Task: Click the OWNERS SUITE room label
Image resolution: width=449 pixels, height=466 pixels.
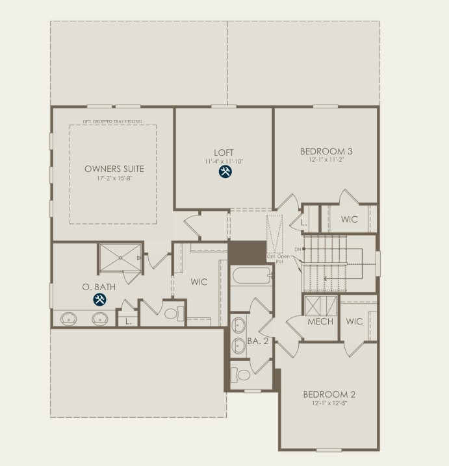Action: (114, 169)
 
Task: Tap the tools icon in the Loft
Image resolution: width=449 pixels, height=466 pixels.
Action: (225, 172)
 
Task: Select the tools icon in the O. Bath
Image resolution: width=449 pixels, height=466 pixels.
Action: (99, 299)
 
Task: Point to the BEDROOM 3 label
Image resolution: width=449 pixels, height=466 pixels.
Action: (326, 151)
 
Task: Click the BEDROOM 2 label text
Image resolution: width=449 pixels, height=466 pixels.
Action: (329, 394)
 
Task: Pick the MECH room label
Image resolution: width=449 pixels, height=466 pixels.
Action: (320, 322)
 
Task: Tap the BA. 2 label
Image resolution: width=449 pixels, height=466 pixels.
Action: (258, 341)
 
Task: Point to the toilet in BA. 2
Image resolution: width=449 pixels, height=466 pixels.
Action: (242, 374)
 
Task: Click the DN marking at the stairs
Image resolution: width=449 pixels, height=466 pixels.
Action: (298, 249)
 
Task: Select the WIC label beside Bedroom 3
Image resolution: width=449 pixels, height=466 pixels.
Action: (349, 219)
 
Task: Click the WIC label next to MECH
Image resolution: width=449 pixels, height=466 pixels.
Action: (354, 322)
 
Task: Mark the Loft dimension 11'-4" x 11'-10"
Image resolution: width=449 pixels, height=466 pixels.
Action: (224, 160)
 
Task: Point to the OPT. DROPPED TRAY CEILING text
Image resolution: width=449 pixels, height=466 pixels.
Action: (112, 121)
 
